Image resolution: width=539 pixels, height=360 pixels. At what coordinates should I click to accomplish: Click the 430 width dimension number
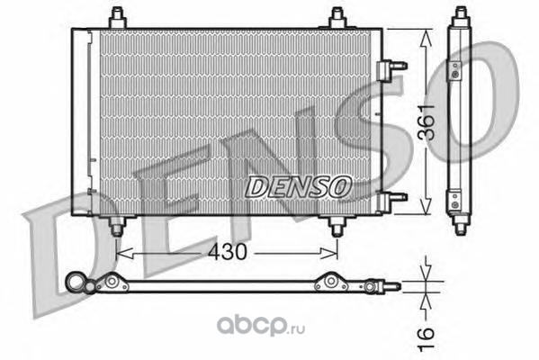point(228,252)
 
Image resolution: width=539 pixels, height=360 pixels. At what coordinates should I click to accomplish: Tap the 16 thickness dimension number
point(427,339)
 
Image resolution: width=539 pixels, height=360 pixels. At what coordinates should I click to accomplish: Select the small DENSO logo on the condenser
point(299,187)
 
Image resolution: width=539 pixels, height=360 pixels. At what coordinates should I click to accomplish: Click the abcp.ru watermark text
point(261,326)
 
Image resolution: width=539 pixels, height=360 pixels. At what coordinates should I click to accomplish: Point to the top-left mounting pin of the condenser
point(118,18)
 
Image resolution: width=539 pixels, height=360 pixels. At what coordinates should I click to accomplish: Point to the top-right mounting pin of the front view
point(337,18)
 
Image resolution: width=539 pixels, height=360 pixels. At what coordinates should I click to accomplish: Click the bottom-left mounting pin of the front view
point(117,226)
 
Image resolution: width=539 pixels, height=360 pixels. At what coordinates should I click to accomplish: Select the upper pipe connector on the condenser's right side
point(391,70)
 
